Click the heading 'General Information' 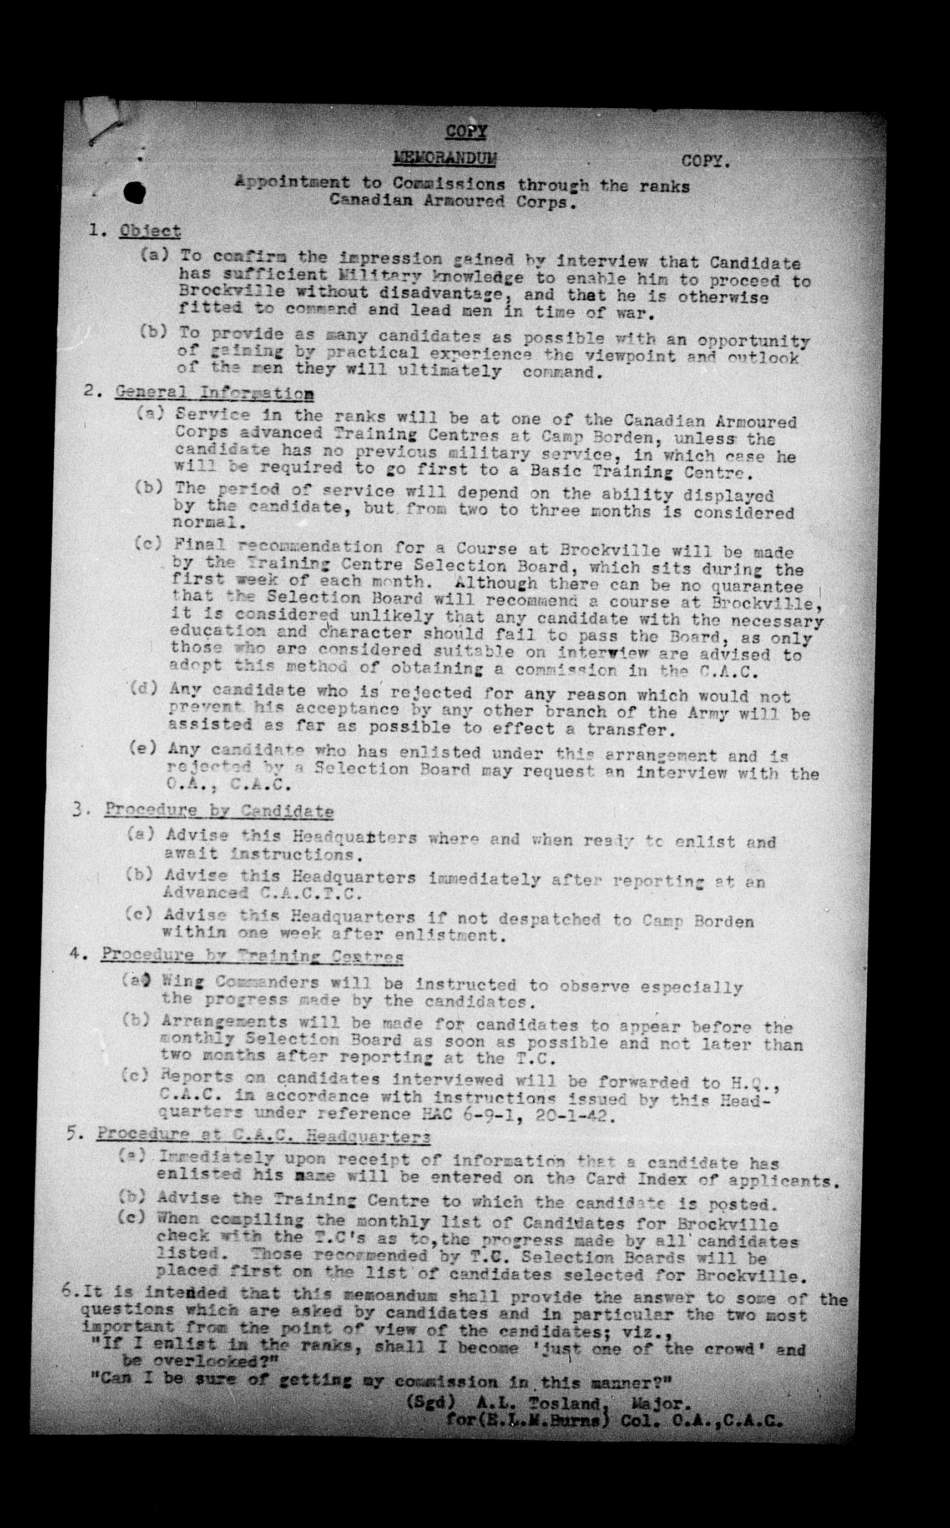click(x=215, y=394)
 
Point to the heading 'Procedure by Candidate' click(x=219, y=810)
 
